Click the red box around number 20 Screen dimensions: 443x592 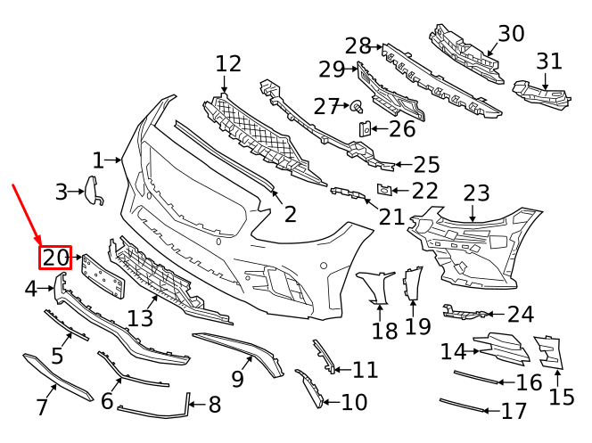[54, 258]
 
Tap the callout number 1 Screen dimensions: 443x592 [98, 160]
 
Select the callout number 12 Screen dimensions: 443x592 [228, 64]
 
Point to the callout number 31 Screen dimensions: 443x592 [549, 62]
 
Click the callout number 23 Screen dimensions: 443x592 [476, 193]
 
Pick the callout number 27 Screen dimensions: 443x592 [327, 107]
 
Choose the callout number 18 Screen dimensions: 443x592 [384, 331]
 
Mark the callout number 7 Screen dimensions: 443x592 [41, 408]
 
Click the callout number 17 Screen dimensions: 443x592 [514, 412]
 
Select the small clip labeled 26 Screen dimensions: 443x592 [365, 129]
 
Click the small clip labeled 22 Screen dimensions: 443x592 [382, 189]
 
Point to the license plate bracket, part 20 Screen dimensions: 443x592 [103, 275]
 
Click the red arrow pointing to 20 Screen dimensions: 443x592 [26, 213]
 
